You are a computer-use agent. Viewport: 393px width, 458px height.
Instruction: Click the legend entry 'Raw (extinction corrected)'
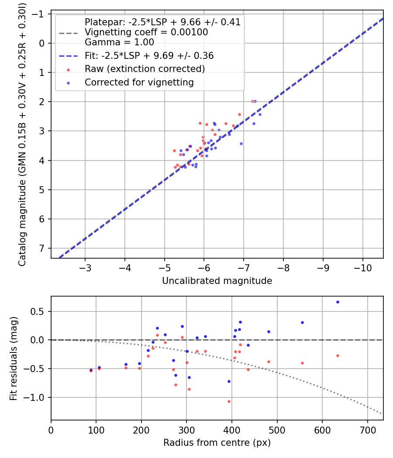pyautogui.click(x=145, y=69)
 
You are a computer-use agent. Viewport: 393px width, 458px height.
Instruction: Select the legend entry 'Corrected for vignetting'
pyautogui.click(x=139, y=82)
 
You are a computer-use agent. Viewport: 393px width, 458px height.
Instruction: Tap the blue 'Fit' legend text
pyautogui.click(x=149, y=56)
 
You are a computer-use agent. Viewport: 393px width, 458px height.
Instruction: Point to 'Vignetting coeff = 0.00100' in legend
pyautogui.click(x=146, y=32)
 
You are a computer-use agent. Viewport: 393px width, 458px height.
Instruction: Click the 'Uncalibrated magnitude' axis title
pyautogui.click(x=217, y=281)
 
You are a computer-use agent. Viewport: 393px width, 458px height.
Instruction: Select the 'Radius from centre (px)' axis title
pyautogui.click(x=217, y=443)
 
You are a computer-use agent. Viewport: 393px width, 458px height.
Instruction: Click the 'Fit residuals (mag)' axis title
pyautogui.click(x=14, y=358)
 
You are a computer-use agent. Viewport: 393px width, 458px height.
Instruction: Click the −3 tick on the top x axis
pyautogui.click(x=86, y=266)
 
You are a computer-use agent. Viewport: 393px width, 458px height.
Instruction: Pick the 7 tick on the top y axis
pyautogui.click(x=41, y=248)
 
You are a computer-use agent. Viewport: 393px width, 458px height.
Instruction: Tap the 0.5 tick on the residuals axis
pyautogui.click(x=39, y=311)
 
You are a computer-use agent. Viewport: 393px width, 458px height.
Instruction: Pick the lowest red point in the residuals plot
pyautogui.click(x=229, y=401)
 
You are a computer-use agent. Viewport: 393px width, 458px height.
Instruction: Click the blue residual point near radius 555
pyautogui.click(x=302, y=322)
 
